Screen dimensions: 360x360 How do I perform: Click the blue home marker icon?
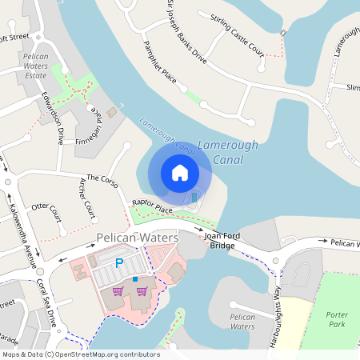click(180, 172)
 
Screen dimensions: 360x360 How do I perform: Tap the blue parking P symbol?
click(120, 262)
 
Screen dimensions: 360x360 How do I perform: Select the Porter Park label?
click(338, 320)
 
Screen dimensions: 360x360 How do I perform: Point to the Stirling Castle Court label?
click(236, 34)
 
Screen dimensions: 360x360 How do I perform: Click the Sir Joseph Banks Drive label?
click(186, 33)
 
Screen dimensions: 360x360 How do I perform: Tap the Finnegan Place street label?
click(90, 122)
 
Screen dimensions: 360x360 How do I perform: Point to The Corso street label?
click(102, 181)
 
